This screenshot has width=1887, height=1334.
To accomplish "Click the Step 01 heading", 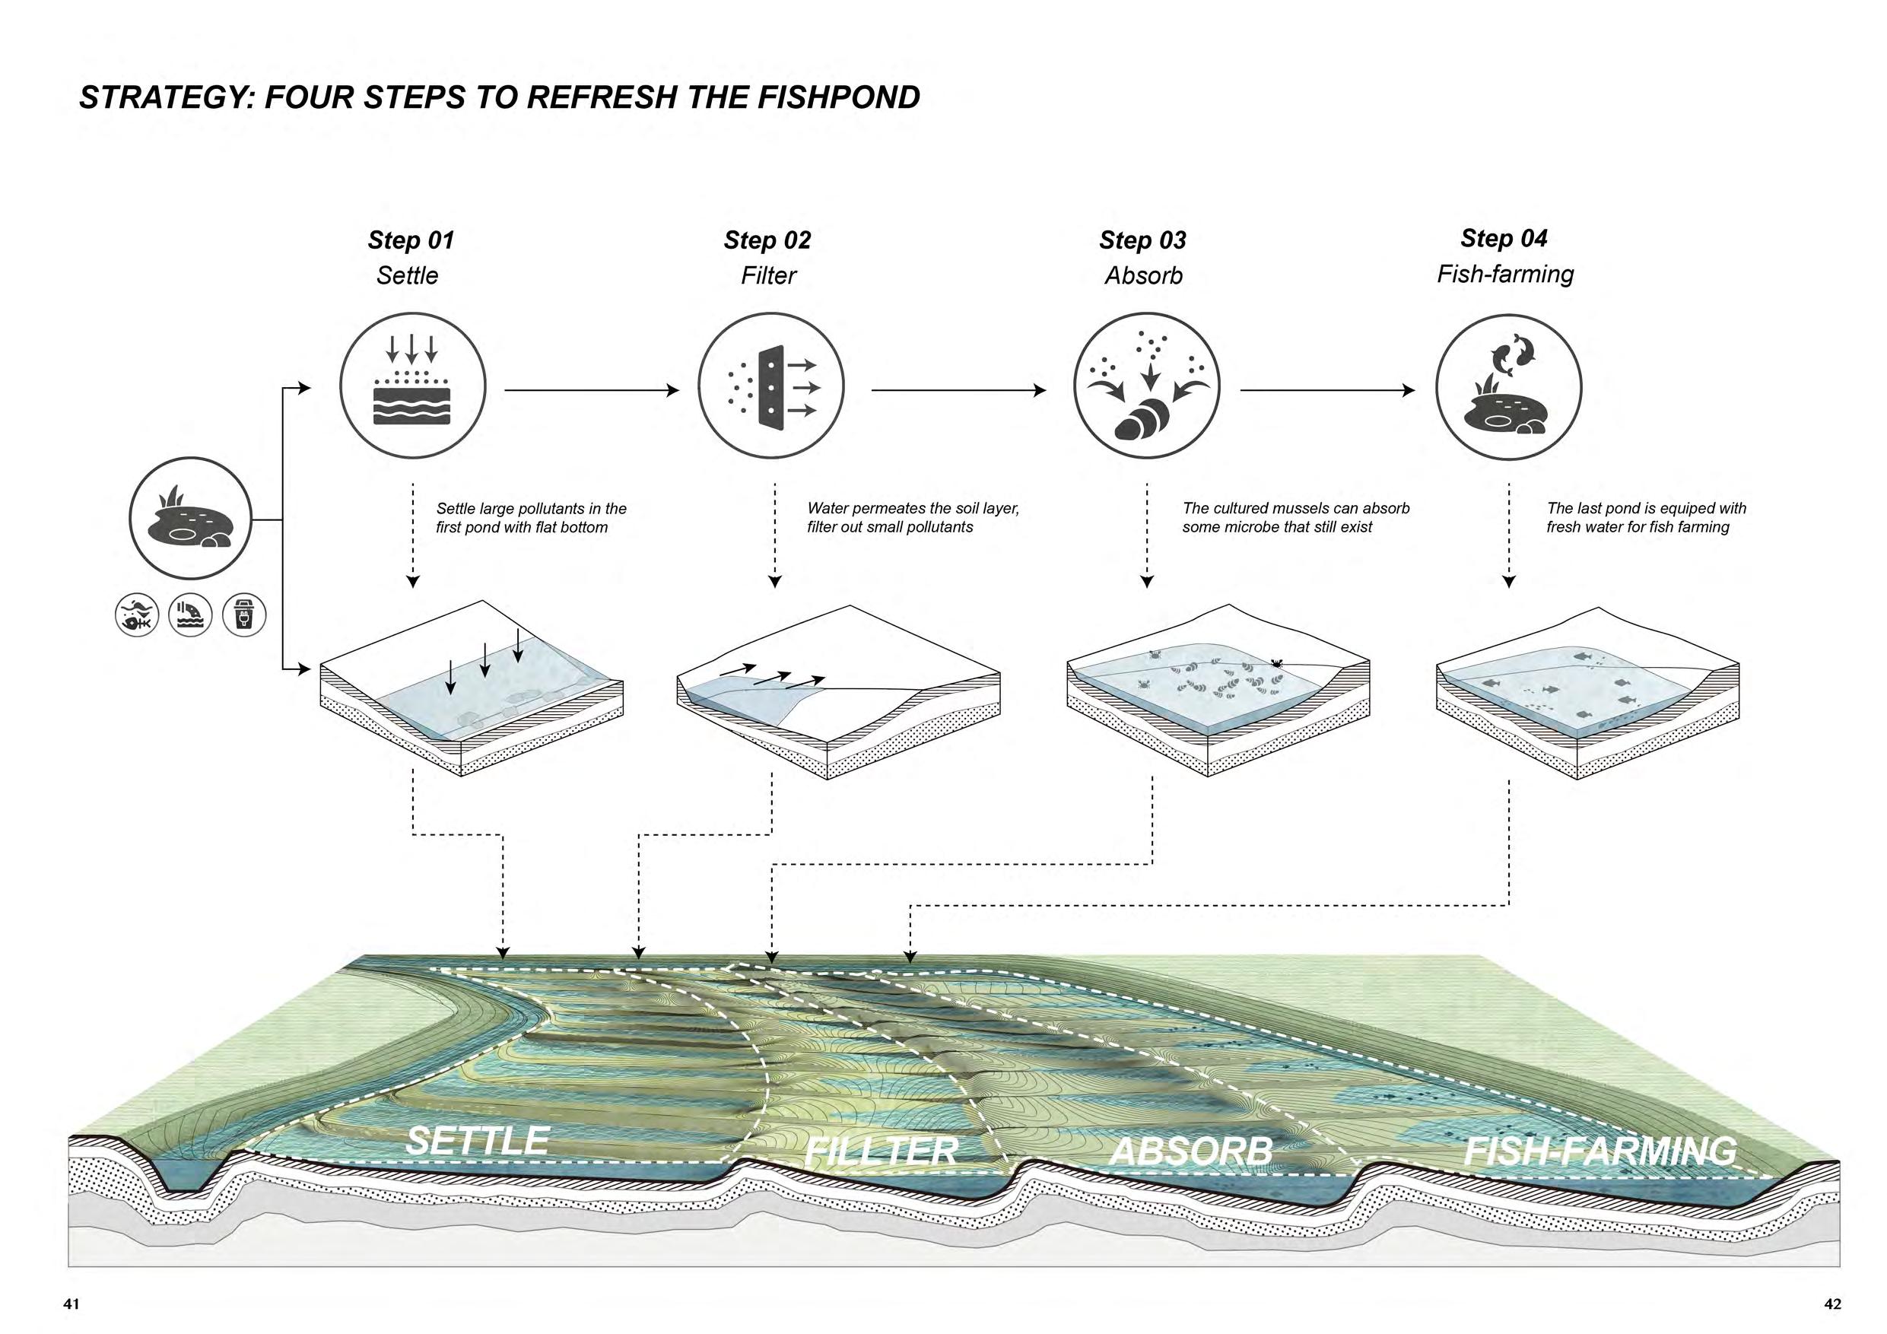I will (x=410, y=240).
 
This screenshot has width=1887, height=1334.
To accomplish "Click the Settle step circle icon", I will (x=412, y=386).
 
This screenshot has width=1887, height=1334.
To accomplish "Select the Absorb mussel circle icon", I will (x=1146, y=386).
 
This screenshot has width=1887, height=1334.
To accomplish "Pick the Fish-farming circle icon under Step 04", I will (x=1508, y=386).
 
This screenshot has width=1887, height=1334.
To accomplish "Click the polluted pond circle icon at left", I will (x=190, y=519).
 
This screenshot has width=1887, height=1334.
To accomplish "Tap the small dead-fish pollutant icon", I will (x=136, y=615).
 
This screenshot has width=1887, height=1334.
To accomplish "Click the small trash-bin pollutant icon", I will (x=244, y=615).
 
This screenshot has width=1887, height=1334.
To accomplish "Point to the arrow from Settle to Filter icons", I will (x=592, y=390).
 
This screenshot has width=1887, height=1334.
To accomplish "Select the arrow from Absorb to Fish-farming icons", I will (x=1327, y=390).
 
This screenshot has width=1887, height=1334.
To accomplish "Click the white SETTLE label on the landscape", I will (x=478, y=1141).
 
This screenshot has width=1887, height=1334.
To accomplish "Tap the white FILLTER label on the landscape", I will (x=881, y=1151).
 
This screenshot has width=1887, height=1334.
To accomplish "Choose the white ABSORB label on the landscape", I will (x=1191, y=1151).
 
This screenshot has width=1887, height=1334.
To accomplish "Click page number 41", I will (x=71, y=1304).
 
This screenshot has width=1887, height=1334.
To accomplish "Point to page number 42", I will (x=1832, y=1304).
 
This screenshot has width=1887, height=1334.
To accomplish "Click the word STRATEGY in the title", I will (x=167, y=98).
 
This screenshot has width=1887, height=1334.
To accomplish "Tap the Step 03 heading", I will (x=1142, y=240).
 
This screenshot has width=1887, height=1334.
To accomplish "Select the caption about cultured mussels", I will (x=1295, y=518).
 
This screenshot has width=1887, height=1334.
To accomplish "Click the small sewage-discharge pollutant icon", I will (x=190, y=615).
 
